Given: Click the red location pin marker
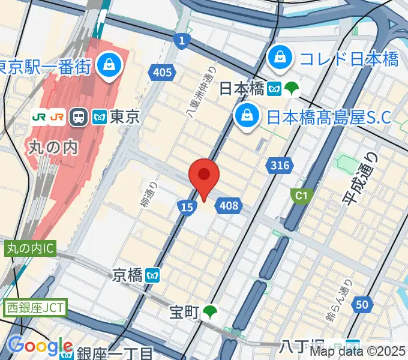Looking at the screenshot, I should (204, 176).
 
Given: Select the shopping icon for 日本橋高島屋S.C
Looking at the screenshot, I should (247, 115).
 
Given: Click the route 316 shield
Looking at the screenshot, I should (280, 166).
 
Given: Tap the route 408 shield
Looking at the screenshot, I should (229, 206).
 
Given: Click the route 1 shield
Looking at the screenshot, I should (181, 40).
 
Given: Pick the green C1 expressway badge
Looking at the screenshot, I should (298, 195).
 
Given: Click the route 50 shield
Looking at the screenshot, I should (361, 305).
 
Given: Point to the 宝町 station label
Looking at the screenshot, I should (183, 312).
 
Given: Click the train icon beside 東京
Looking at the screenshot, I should (79, 117).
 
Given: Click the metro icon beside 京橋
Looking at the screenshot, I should (154, 276).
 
